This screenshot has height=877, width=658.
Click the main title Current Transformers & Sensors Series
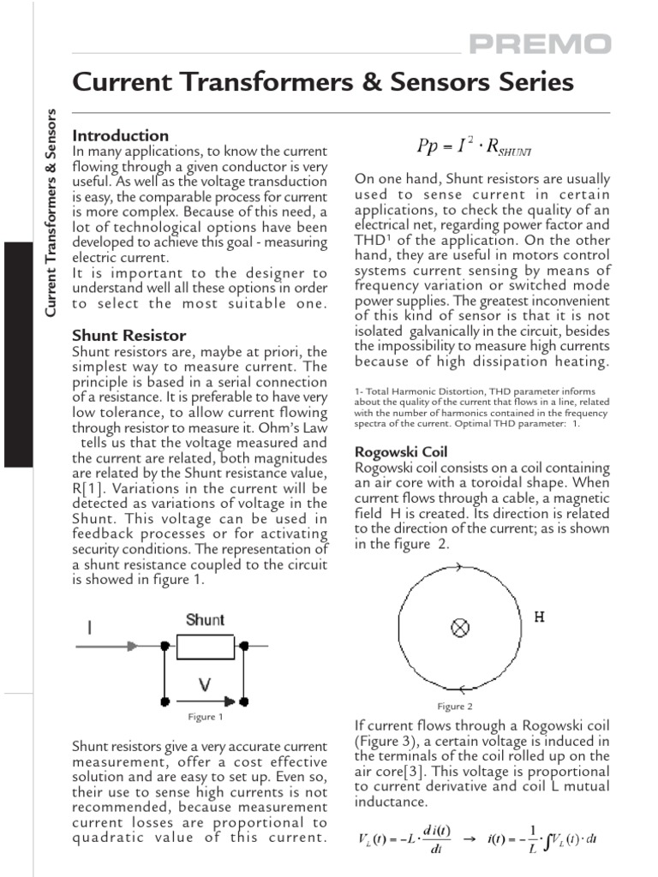point(323,82)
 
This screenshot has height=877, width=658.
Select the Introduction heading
point(121,135)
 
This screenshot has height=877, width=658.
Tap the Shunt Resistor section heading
point(129,335)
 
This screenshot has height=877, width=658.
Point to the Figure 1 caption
point(206,717)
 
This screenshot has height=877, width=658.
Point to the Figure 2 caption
point(455,706)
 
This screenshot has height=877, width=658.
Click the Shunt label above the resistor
point(206,620)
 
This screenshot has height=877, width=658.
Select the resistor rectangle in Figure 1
point(205,647)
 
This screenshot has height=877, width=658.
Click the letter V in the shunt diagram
point(206,685)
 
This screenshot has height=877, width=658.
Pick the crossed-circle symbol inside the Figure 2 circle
point(460,629)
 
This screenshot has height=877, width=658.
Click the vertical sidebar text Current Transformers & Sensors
point(51,212)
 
